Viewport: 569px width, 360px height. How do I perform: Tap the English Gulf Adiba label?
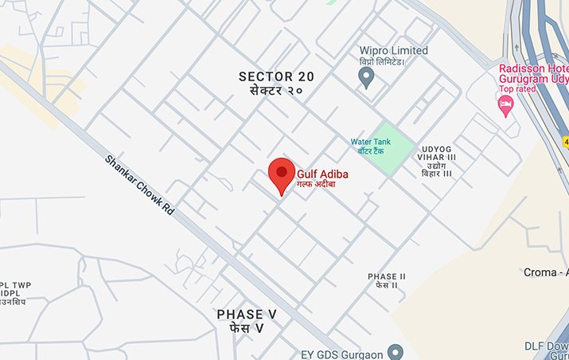click(323, 173)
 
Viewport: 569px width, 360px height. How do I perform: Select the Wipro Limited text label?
click(393, 50)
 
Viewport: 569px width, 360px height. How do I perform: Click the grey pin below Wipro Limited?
click(366, 77)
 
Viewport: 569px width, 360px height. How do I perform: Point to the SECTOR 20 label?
click(277, 76)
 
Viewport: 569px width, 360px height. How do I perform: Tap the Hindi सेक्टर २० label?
click(277, 92)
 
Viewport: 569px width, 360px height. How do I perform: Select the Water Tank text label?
click(371, 142)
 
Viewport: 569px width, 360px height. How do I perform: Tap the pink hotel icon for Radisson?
click(505, 105)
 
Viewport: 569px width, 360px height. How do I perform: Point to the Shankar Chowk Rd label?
click(139, 189)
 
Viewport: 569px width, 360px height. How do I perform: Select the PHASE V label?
click(240, 315)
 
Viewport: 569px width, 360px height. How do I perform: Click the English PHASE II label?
click(387, 276)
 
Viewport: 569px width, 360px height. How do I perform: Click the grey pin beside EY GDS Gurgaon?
click(396, 351)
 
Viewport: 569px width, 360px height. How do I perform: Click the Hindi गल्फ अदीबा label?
click(317, 184)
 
